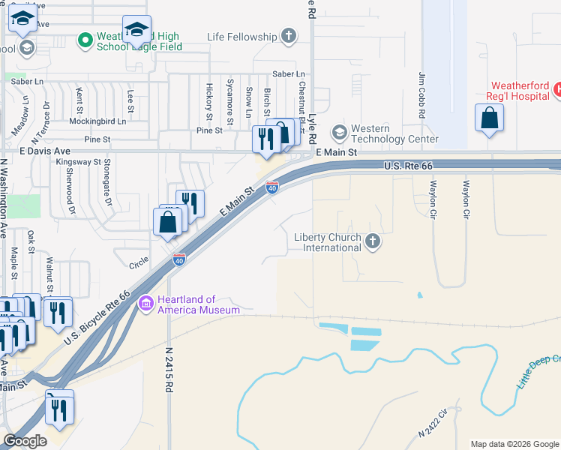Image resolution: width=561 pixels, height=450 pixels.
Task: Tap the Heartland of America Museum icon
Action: coord(147,304)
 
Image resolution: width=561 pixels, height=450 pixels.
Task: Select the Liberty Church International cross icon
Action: coord(373,241)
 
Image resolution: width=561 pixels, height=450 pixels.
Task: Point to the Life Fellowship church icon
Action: coord(289,36)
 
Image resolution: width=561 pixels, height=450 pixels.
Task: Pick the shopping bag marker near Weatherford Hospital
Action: coord(489,118)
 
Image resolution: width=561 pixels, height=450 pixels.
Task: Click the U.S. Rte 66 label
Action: coord(408,166)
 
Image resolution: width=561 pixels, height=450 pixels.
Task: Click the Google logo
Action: coord(25,441)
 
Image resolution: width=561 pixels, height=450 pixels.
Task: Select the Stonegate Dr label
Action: coord(107,191)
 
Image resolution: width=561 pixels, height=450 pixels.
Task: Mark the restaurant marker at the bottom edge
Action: coord(59,409)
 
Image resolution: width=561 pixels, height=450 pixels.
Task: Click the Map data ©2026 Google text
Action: coord(514,444)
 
